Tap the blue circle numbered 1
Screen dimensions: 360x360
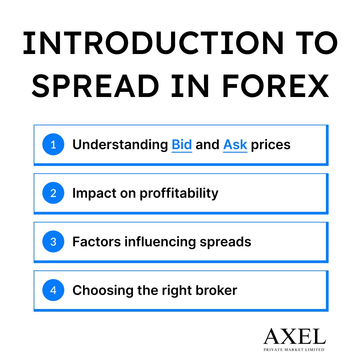coord(53,145)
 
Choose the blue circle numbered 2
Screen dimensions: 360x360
coord(53,193)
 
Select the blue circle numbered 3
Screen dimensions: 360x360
coord(53,242)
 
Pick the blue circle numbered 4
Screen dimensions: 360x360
coord(53,290)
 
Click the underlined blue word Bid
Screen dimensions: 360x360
coord(182,145)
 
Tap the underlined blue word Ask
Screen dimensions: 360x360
coord(235,145)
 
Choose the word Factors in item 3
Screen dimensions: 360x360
coord(96,242)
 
